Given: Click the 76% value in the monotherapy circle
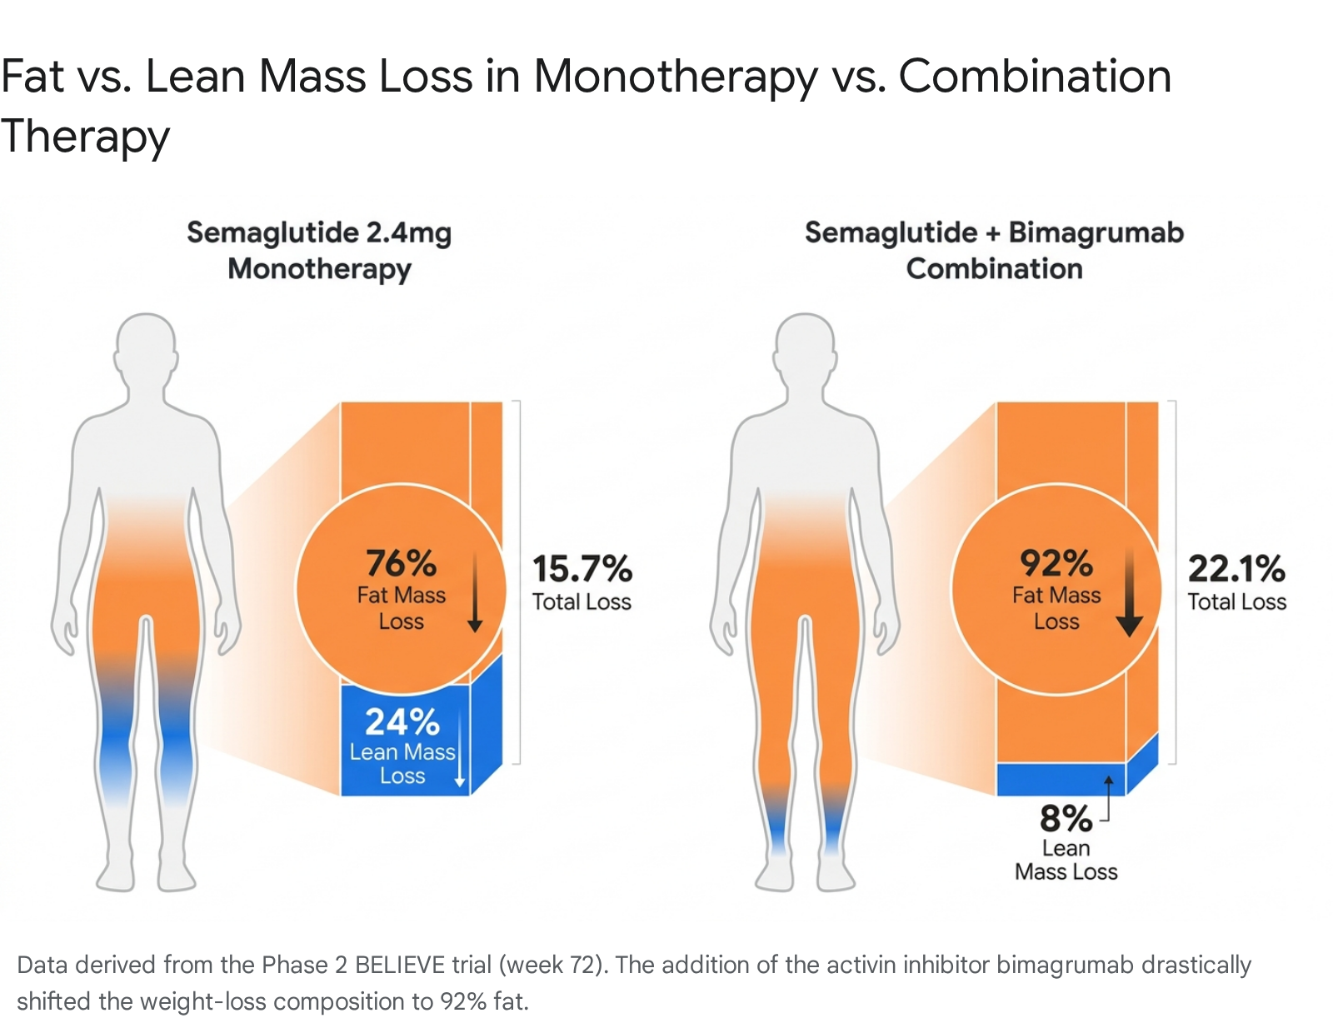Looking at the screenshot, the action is pyautogui.click(x=402, y=563).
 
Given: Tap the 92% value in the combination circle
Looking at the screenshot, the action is pyautogui.click(x=1056, y=563).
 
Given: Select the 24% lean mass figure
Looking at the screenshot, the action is pyautogui.click(x=402, y=721).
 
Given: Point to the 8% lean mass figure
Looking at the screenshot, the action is pyautogui.click(x=1066, y=818).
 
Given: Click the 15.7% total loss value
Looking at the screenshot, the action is pyautogui.click(x=582, y=569).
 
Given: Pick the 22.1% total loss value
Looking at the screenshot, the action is pyautogui.click(x=1236, y=569).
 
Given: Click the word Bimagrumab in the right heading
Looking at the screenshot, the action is pyautogui.click(x=1096, y=232).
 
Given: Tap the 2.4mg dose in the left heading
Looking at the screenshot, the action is pyautogui.click(x=408, y=233).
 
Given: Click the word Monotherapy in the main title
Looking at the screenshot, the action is pyautogui.click(x=676, y=78).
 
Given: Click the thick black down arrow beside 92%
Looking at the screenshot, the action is pyautogui.click(x=1129, y=592).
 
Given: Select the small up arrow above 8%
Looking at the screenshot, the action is pyautogui.click(x=1108, y=797).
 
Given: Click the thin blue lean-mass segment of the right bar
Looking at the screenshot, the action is pyautogui.click(x=1061, y=779).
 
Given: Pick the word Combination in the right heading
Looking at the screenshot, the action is pyautogui.click(x=995, y=268).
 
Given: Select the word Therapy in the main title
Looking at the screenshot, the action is pyautogui.click(x=85, y=136).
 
